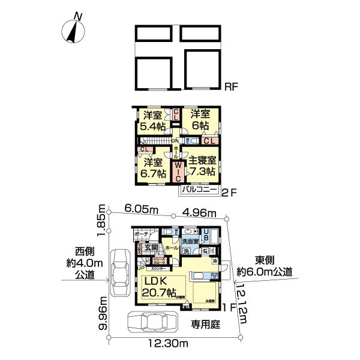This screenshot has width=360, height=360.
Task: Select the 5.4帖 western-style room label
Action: [x=151, y=121]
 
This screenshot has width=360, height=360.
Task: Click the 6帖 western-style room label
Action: [x=200, y=120]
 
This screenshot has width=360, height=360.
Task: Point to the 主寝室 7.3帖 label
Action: [x=202, y=166]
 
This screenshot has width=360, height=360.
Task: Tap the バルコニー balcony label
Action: [x=200, y=191]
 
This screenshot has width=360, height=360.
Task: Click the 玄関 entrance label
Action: [x=151, y=247]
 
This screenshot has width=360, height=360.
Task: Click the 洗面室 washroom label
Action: [x=190, y=241]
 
